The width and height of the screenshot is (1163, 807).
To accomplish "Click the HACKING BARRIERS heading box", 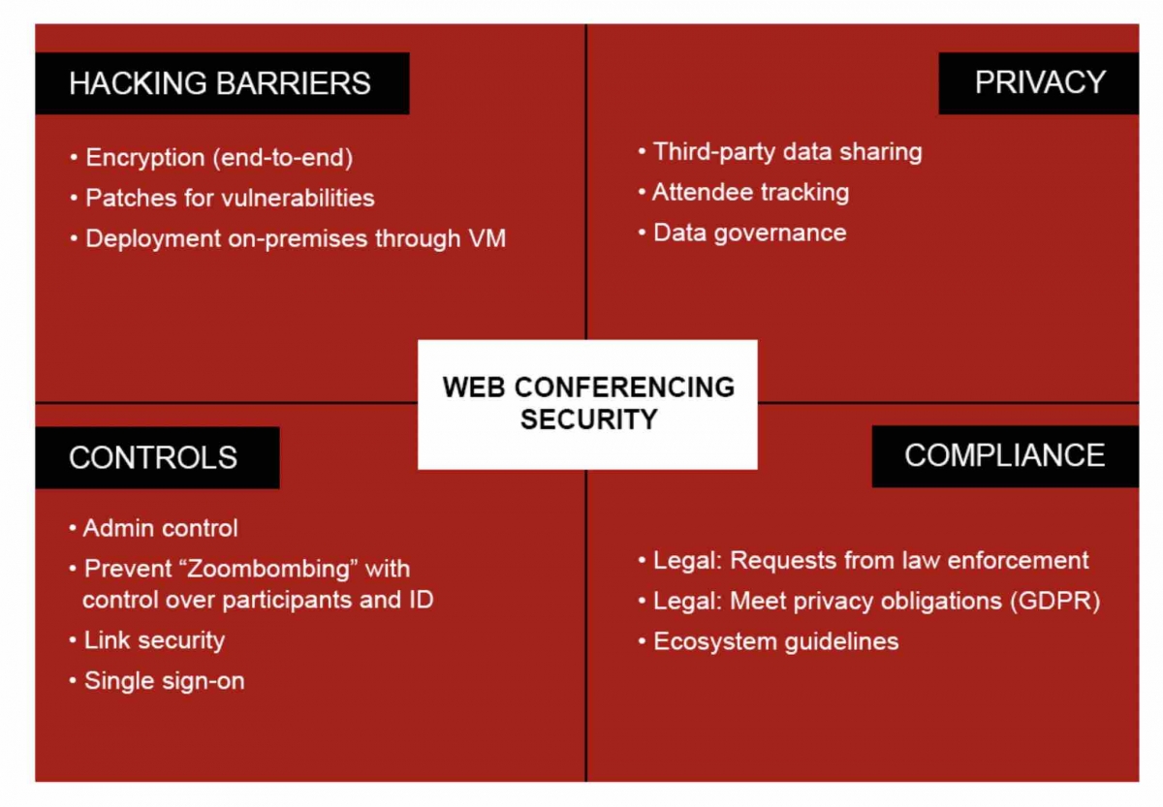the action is pos(222,83).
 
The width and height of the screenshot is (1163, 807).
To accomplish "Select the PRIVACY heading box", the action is pos(1039,83).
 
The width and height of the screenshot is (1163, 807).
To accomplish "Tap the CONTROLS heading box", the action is pos(157,457).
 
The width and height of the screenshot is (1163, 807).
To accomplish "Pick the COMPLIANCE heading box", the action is pos(1005,456).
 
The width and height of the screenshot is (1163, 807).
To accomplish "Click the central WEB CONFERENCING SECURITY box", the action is pos(587,404).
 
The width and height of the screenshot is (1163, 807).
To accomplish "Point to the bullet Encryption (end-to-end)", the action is pos(212,157).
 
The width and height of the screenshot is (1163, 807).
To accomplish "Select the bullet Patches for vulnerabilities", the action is pos(222,198).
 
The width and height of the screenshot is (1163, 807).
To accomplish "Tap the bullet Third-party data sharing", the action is pos(780,152).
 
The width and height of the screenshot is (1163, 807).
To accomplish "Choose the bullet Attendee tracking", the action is pos(744,193).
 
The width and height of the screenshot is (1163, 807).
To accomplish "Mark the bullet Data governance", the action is pos(742,233).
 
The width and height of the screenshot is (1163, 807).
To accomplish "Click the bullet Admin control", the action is pos(154,528).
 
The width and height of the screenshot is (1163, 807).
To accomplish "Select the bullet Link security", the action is pos(147,640).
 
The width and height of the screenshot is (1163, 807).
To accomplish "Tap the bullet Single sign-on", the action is pos(157,681).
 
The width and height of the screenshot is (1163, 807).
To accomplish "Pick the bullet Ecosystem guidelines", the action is pos(769,641).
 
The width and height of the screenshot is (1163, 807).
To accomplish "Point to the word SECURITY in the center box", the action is pos(589,419).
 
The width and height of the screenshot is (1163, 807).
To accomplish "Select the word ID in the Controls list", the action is pos(421,600).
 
